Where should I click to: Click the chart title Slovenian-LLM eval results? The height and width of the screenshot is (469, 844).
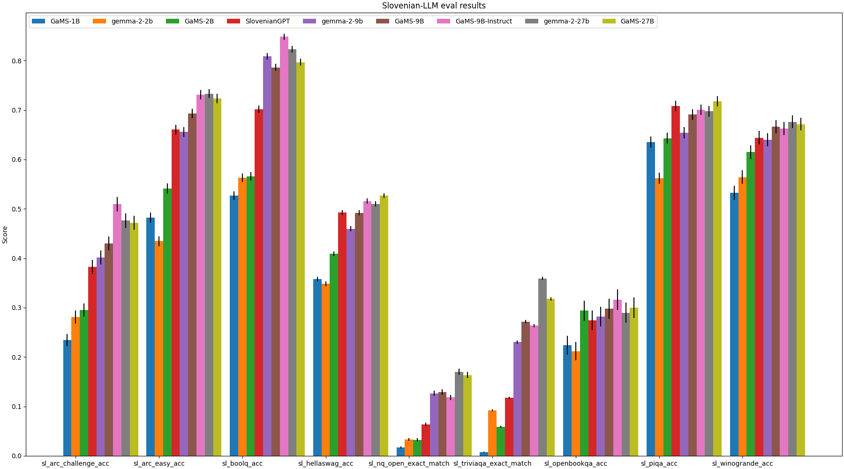point(434,6)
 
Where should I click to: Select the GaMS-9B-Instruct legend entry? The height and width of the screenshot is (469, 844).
point(483,21)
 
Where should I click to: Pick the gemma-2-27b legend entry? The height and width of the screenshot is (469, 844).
point(566,21)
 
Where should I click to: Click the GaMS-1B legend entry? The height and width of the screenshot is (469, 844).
point(65,21)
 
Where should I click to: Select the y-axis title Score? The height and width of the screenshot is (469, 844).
point(5,234)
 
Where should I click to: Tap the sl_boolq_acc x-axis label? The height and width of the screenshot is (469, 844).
point(242,463)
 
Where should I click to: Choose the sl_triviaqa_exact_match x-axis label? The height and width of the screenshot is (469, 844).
point(492,463)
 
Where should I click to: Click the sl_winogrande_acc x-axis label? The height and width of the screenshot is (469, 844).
point(743,463)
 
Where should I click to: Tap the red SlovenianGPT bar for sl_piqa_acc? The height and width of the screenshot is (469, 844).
point(676,281)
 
